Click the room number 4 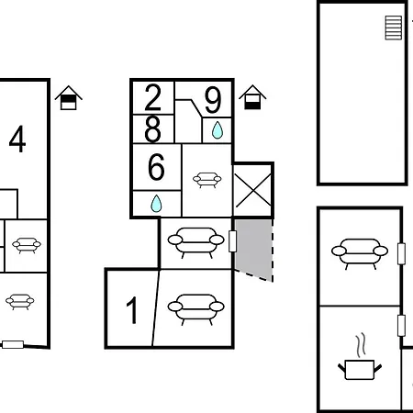[x=17, y=140]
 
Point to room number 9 [x=213, y=98]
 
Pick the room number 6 [x=156, y=168]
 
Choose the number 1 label [x=132, y=311]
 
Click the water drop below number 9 [x=217, y=130]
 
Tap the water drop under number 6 [x=156, y=202]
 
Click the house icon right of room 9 [x=251, y=96]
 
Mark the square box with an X [x=252, y=190]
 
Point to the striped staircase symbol [x=394, y=28]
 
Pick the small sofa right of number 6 [x=206, y=178]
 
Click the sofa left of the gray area [x=195, y=241]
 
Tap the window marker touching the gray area [x=233, y=242]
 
